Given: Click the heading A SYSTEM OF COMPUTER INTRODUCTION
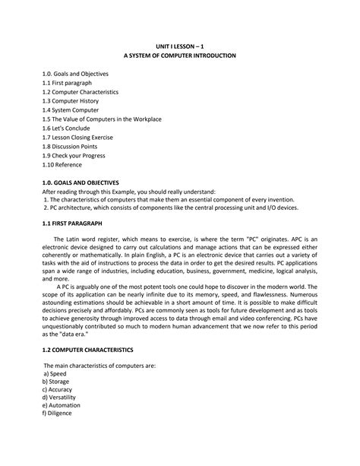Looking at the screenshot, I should tap(181, 57).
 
